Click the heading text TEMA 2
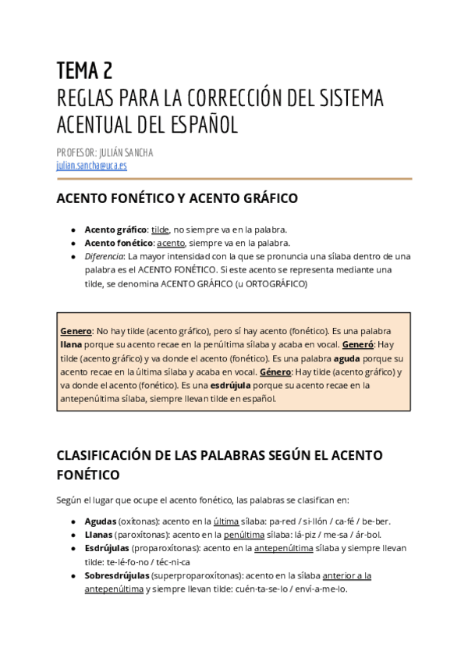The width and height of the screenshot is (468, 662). (x=85, y=72)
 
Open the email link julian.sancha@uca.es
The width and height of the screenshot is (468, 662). (x=92, y=165)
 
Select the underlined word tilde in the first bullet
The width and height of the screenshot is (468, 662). (x=160, y=230)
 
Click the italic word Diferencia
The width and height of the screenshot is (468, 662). (x=104, y=256)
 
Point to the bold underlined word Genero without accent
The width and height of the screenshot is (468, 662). (x=76, y=331)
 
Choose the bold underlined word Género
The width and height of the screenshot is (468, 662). (x=277, y=372)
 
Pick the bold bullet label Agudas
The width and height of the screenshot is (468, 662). (x=100, y=521)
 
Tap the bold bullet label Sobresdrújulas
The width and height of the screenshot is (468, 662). (x=117, y=575)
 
